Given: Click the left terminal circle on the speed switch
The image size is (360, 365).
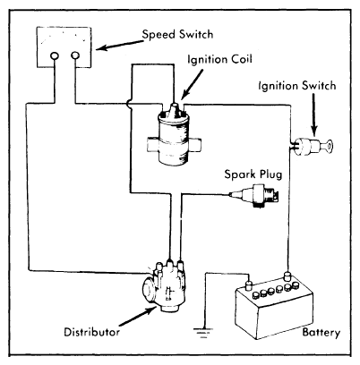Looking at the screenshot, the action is [55, 55].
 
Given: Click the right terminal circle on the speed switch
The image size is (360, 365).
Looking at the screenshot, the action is [75, 55].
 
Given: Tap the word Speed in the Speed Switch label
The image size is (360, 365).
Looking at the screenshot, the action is [159, 35].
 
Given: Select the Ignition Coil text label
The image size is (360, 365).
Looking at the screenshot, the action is [220, 59].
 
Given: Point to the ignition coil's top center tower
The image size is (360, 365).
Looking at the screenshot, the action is [174, 108].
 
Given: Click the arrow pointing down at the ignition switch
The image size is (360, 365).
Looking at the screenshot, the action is [314, 115].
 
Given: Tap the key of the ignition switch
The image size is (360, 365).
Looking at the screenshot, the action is [328, 146].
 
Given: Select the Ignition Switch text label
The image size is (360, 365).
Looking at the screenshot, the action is [297, 86].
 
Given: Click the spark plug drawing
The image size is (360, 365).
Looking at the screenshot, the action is [254, 195].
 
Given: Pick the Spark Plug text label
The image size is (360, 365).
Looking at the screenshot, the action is [253, 174].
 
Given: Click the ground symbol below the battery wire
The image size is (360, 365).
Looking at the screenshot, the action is [203, 332].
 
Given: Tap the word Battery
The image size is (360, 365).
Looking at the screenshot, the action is [321, 332].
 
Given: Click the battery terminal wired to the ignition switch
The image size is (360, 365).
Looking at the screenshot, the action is [287, 276].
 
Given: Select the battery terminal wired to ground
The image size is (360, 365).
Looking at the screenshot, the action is [249, 284].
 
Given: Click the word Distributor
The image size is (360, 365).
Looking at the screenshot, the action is [92, 332].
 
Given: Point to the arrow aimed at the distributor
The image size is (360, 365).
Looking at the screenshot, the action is [138, 316].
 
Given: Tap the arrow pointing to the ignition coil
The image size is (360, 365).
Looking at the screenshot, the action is [192, 84].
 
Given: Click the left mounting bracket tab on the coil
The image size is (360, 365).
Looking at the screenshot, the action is [152, 145].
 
